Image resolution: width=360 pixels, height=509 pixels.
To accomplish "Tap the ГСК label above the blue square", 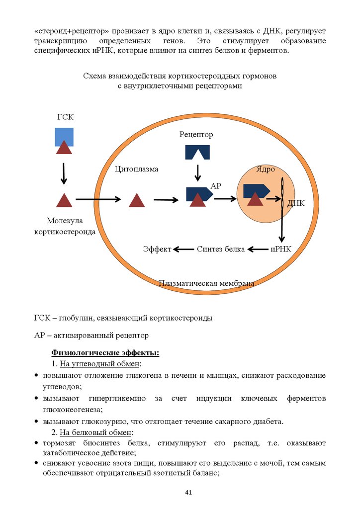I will tap(65, 117).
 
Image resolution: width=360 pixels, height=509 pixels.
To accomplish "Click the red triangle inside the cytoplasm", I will tap(136, 200).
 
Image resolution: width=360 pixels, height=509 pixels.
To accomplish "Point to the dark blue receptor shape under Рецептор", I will tap(197, 152).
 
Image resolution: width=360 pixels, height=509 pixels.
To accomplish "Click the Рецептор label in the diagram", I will tap(196, 135).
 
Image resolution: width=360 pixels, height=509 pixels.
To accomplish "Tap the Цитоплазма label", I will tap(136, 169).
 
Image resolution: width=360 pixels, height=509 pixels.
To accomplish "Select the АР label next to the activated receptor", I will tap(216, 186).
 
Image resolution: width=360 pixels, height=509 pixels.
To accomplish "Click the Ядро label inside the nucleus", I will tap(266, 169).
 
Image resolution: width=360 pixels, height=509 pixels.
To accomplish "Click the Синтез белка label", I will tap(221, 249).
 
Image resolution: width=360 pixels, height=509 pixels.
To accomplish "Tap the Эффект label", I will tap(157, 249).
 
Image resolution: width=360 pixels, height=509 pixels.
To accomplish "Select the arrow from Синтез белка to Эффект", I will tap(183, 249).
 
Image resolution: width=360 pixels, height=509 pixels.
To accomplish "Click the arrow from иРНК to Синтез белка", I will tap(258, 249).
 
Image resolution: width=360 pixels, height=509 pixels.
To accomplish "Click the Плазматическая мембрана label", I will tap(206, 284).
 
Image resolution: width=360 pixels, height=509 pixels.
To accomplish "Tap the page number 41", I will tap(188, 493).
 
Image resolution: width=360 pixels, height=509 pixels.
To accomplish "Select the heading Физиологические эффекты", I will tap(105, 353).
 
